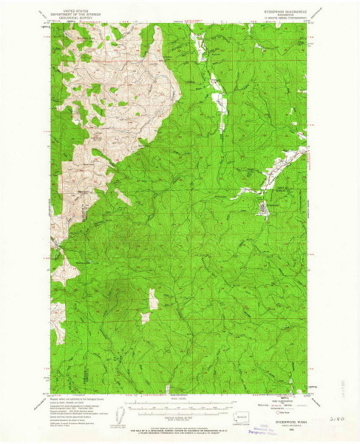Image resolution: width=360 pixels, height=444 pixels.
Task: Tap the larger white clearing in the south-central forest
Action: click(x=153, y=299)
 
